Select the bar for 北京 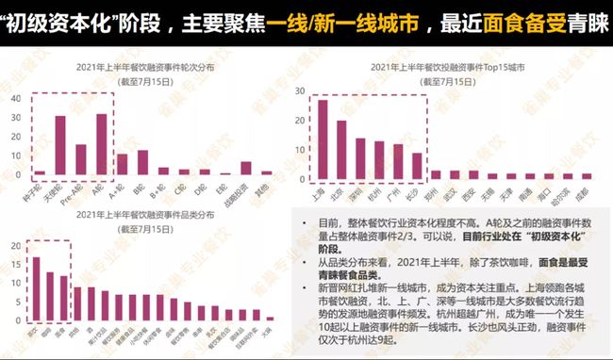[x=341, y=150]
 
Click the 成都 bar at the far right [x=587, y=175]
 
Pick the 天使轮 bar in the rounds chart [x=59, y=146]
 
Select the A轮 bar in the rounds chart [x=102, y=144]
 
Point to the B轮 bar [x=142, y=163]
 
